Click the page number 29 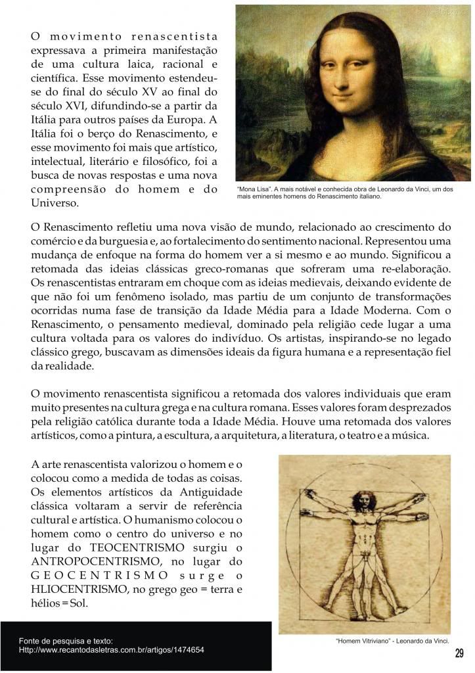(x=459, y=653)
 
